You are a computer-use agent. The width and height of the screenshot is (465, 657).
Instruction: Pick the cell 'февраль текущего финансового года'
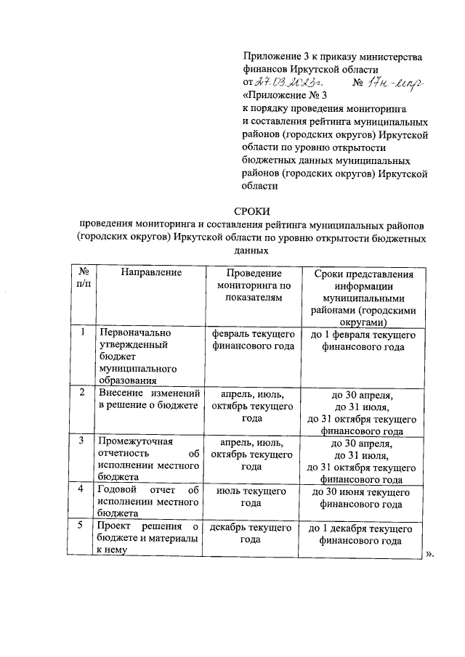tap(252, 340)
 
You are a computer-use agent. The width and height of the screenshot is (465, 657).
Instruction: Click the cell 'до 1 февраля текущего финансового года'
tap(363, 340)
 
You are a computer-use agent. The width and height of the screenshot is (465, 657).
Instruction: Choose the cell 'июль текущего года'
tap(251, 497)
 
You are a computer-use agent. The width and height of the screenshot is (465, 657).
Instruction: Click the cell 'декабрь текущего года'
tap(251, 534)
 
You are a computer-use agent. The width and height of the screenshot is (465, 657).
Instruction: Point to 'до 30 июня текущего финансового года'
tap(363, 497)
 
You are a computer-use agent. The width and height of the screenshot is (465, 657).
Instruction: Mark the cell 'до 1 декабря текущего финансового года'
tap(363, 534)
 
